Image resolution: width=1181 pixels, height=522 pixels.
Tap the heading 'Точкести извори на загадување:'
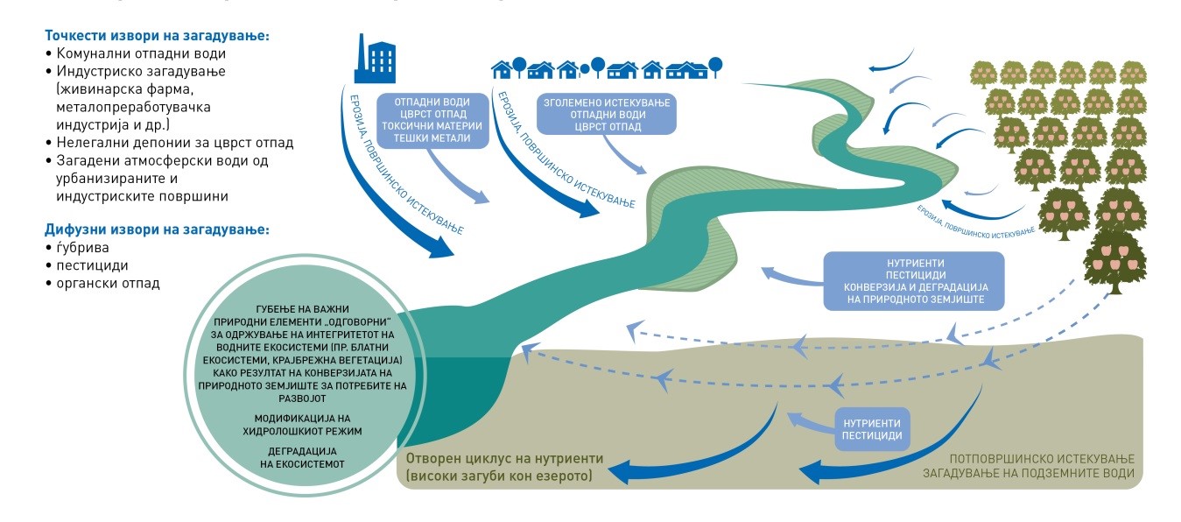pos(157,37)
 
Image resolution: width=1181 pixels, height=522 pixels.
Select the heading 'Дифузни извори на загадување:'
pos(157,229)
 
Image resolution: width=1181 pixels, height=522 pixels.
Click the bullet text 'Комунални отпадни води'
pos(135,53)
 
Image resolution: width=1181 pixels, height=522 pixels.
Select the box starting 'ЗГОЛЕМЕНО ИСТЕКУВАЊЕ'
pos(606,115)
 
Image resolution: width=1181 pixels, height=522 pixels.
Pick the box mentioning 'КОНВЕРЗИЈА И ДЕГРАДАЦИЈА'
pos(913,281)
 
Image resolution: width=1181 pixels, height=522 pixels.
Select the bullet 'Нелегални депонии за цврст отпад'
pos(174,142)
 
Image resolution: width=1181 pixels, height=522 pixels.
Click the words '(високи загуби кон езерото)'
pos(499,476)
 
